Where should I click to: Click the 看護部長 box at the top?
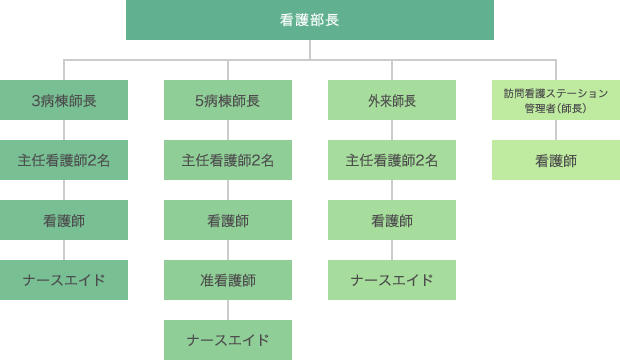pos(310,20)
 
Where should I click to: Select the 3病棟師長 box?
pos(64,100)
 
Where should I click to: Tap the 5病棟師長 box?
pos(228,100)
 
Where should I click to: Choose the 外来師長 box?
pos(392,100)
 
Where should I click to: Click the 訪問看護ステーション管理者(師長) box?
pos(556,100)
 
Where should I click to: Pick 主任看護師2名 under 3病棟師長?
pos(64,160)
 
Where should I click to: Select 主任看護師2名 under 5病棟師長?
pos(228,160)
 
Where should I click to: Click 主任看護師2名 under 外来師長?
pos(392,160)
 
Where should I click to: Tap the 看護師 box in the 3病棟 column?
pos(64,220)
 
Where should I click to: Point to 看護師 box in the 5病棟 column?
pos(228,220)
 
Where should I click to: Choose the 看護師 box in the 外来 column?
pos(392,220)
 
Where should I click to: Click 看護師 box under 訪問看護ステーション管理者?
pos(556,160)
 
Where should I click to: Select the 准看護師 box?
pos(228,280)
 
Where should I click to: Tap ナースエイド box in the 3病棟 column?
pos(64,280)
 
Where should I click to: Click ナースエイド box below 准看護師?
pos(228,340)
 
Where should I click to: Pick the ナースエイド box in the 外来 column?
pos(392,280)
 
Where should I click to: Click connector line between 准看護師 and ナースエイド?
pos(228,310)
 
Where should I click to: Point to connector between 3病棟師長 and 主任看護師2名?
pos(64,130)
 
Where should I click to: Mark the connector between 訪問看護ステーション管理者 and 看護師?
pos(556,130)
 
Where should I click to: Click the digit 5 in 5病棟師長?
pos(200,101)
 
